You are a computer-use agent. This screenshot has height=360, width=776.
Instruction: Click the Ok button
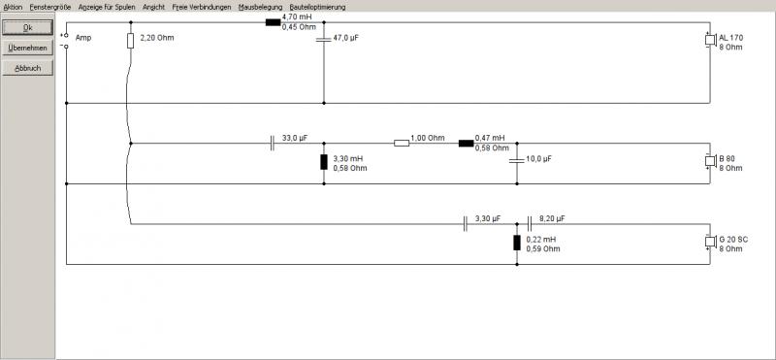coord(28,28)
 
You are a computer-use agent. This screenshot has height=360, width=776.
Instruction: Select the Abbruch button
coord(28,68)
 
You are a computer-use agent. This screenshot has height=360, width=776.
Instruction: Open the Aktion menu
coord(13,8)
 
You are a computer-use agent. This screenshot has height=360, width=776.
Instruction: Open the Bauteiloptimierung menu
coord(318,8)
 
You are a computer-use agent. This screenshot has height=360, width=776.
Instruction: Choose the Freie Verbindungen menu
coord(202,8)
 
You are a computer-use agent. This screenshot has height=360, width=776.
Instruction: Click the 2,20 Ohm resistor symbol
coord(131,41)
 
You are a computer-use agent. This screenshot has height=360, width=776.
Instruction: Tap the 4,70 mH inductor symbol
coord(274,22)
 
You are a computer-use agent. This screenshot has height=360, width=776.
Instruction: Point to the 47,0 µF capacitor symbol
coord(324,39)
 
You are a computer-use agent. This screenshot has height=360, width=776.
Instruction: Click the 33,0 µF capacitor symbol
coord(273,143)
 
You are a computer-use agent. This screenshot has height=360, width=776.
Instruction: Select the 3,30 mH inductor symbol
coord(324,162)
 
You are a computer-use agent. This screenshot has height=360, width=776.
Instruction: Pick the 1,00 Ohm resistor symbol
coord(402,143)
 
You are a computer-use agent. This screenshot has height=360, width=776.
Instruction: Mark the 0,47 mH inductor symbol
coord(467,143)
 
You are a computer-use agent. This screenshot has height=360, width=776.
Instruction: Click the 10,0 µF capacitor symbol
coord(517,160)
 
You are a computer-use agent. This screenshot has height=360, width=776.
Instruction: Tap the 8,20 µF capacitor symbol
coord(529,224)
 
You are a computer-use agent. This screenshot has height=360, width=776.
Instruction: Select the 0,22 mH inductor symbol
coord(517,243)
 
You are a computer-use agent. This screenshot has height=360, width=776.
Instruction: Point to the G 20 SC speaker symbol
coord(710,243)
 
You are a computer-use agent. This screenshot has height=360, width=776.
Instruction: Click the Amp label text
coord(83,38)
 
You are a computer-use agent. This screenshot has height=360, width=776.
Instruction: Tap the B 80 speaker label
coord(727,159)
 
